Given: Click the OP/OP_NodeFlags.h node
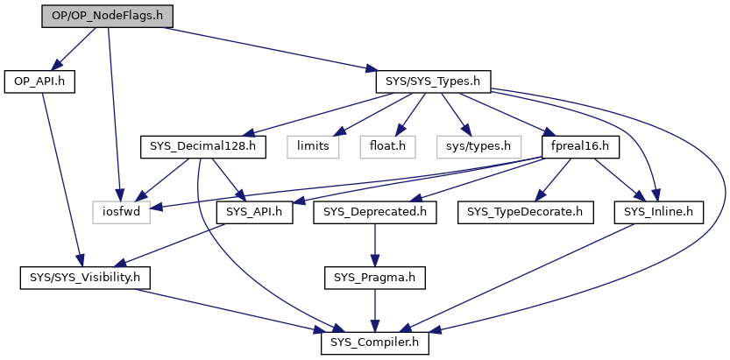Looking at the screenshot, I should [107, 17].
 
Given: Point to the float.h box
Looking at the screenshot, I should [386, 146].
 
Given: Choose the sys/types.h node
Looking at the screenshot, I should [474, 146].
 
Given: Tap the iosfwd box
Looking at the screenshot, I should [122, 211].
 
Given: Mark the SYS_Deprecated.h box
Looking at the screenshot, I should [375, 211].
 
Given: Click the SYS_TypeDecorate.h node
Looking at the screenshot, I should [516, 211].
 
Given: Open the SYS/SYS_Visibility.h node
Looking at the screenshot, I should [86, 278].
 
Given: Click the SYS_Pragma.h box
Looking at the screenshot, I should [374, 278].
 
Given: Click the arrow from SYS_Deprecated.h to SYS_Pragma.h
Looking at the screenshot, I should [374, 244].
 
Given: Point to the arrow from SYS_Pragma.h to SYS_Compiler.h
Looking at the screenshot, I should [374, 310].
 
